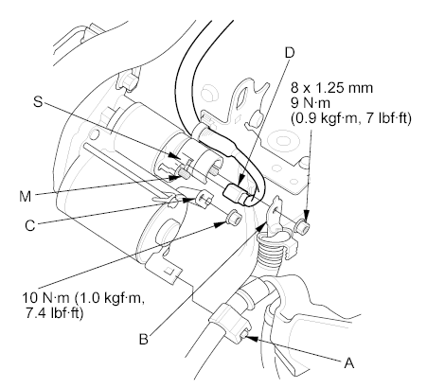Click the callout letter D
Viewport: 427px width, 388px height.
289,53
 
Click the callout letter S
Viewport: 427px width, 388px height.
38,101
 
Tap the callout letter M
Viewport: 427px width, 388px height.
26,196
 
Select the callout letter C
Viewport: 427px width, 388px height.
30,226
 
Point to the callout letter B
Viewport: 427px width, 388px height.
144,339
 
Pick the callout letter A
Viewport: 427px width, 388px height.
348,362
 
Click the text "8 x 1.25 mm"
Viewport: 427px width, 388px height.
331,88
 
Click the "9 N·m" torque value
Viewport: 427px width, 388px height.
311,103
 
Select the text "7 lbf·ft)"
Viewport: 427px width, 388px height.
383,118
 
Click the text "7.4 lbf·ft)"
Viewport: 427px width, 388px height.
54,313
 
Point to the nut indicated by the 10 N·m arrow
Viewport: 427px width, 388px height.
235,217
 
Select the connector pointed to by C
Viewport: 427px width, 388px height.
205,198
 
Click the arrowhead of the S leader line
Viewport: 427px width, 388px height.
172,155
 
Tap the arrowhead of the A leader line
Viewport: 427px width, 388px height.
250,339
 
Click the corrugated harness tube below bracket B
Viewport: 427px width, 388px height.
269,253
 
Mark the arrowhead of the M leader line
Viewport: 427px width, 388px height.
172,178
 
